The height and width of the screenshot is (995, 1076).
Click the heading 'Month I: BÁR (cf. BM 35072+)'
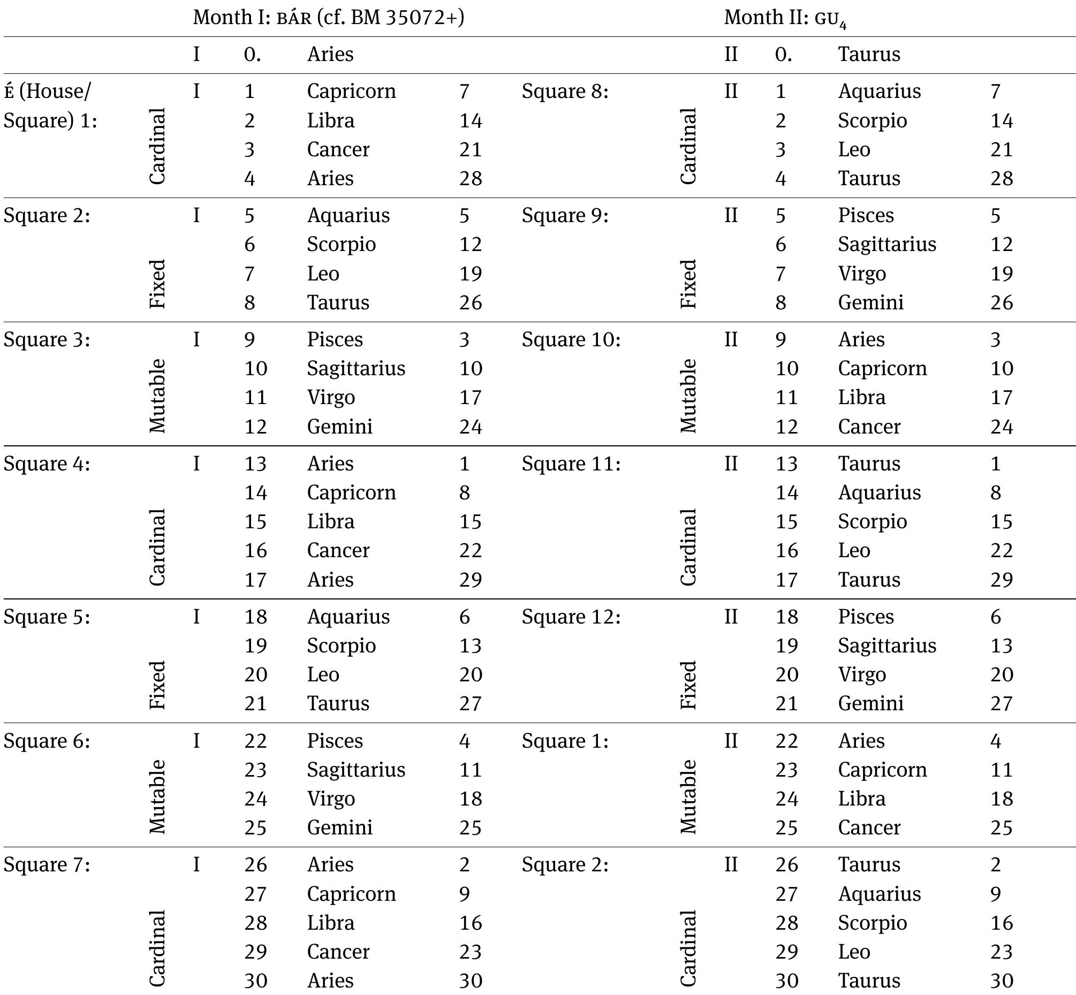[329, 17]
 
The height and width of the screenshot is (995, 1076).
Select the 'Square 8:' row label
[564, 92]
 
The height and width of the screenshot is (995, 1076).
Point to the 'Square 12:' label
[571, 617]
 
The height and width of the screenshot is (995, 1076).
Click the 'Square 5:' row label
[47, 617]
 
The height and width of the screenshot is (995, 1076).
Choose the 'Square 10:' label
[571, 340]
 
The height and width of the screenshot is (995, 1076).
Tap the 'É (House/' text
[48, 92]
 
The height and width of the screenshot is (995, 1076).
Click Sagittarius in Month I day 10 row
[356, 369]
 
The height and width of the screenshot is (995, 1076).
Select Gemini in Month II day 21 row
[870, 704]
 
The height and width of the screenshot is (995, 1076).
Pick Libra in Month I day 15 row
[331, 522]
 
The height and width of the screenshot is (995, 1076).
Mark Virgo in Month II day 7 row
[862, 274]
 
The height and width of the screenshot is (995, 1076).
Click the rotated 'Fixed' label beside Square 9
[688, 284]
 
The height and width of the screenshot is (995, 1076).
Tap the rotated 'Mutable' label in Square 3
[157, 396]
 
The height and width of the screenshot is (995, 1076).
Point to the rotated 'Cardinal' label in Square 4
[157, 547]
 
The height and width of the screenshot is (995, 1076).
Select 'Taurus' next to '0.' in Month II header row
[869, 55]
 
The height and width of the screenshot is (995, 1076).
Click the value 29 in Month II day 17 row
[1002, 580]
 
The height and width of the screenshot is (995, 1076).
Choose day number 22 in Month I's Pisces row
[255, 741]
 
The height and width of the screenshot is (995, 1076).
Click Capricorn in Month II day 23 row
[882, 770]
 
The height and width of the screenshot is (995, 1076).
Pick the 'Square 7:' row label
[47, 865]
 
